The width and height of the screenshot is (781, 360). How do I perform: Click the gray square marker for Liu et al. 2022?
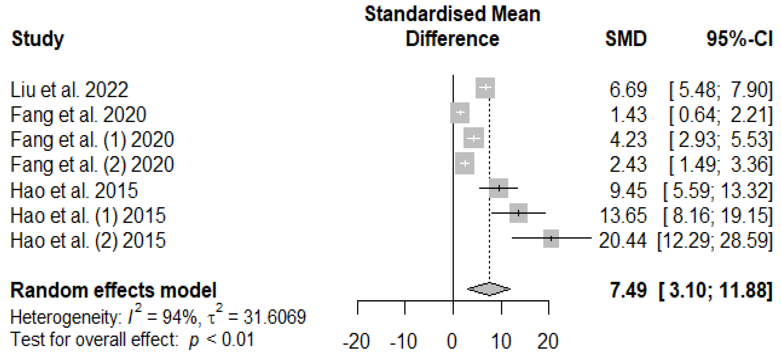tap(485, 88)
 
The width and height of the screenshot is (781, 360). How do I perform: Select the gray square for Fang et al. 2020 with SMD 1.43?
tap(460, 113)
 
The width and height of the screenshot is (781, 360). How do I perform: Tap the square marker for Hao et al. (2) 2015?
tap(551, 239)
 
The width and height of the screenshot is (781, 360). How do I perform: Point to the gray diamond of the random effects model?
tap(489, 289)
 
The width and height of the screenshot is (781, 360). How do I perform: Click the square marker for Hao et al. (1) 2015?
tap(518, 213)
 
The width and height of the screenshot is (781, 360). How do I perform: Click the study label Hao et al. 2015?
tap(74, 191)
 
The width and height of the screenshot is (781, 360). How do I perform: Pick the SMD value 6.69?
tap(628, 90)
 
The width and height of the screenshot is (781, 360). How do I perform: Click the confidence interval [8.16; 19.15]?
tap(718, 216)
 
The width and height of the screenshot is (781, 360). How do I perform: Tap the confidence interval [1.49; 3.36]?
tap(721, 165)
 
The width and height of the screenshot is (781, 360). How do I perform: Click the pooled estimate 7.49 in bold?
tap(628, 290)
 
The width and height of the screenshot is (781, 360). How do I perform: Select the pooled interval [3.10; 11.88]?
tap(716, 290)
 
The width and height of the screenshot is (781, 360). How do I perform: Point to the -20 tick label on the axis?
tap(356, 341)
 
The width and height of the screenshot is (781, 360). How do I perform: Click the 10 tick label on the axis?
tap(500, 341)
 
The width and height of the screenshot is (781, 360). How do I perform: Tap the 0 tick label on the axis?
tap(452, 341)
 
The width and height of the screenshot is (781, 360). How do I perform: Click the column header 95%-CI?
tap(739, 38)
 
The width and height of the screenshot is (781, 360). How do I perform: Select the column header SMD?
tap(626, 38)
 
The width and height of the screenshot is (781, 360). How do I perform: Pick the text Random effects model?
tap(113, 290)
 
